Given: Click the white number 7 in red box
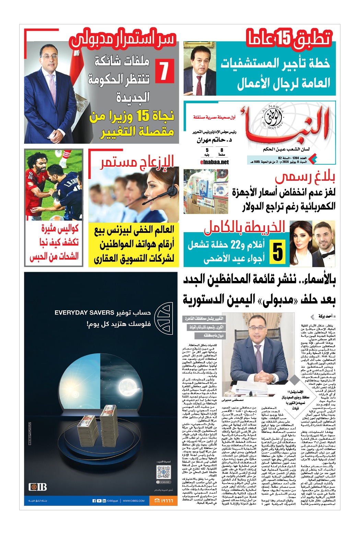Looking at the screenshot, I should (x=165, y=71).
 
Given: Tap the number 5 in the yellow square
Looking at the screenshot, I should (x=278, y=252).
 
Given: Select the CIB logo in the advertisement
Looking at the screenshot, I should (x=38, y=487).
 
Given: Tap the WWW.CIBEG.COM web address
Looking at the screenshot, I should (x=133, y=501).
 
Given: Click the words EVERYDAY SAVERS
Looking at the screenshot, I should (x=84, y=313).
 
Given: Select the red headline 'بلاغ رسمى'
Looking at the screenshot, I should (x=305, y=177).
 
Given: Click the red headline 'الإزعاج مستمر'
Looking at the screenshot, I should (x=137, y=162).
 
